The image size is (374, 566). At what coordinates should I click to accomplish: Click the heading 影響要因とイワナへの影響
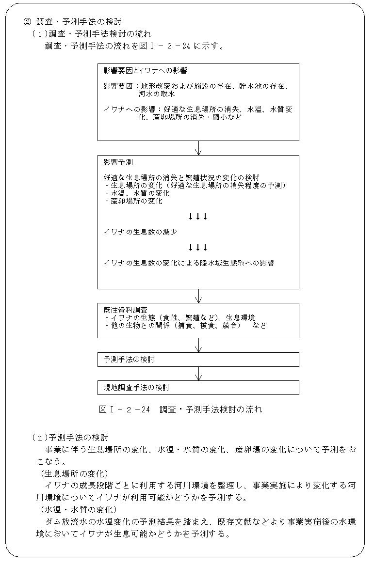145,71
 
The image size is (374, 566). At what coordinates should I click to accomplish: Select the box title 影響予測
118,162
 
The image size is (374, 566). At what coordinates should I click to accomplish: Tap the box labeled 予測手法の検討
198,360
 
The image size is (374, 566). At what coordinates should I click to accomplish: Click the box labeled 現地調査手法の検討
198,388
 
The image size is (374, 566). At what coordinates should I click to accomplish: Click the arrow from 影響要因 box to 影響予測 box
198,148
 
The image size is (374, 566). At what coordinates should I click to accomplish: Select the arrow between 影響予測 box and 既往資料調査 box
198,296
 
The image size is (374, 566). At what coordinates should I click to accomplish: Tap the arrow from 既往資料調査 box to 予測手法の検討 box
198,345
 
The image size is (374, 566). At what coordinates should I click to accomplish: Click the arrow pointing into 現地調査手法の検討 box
198,374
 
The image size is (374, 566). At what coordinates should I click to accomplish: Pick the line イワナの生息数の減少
140,232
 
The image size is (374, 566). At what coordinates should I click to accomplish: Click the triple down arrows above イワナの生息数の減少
198,216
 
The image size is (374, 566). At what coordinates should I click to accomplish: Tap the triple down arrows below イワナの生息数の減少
198,247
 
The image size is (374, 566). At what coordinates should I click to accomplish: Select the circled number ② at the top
28,21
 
